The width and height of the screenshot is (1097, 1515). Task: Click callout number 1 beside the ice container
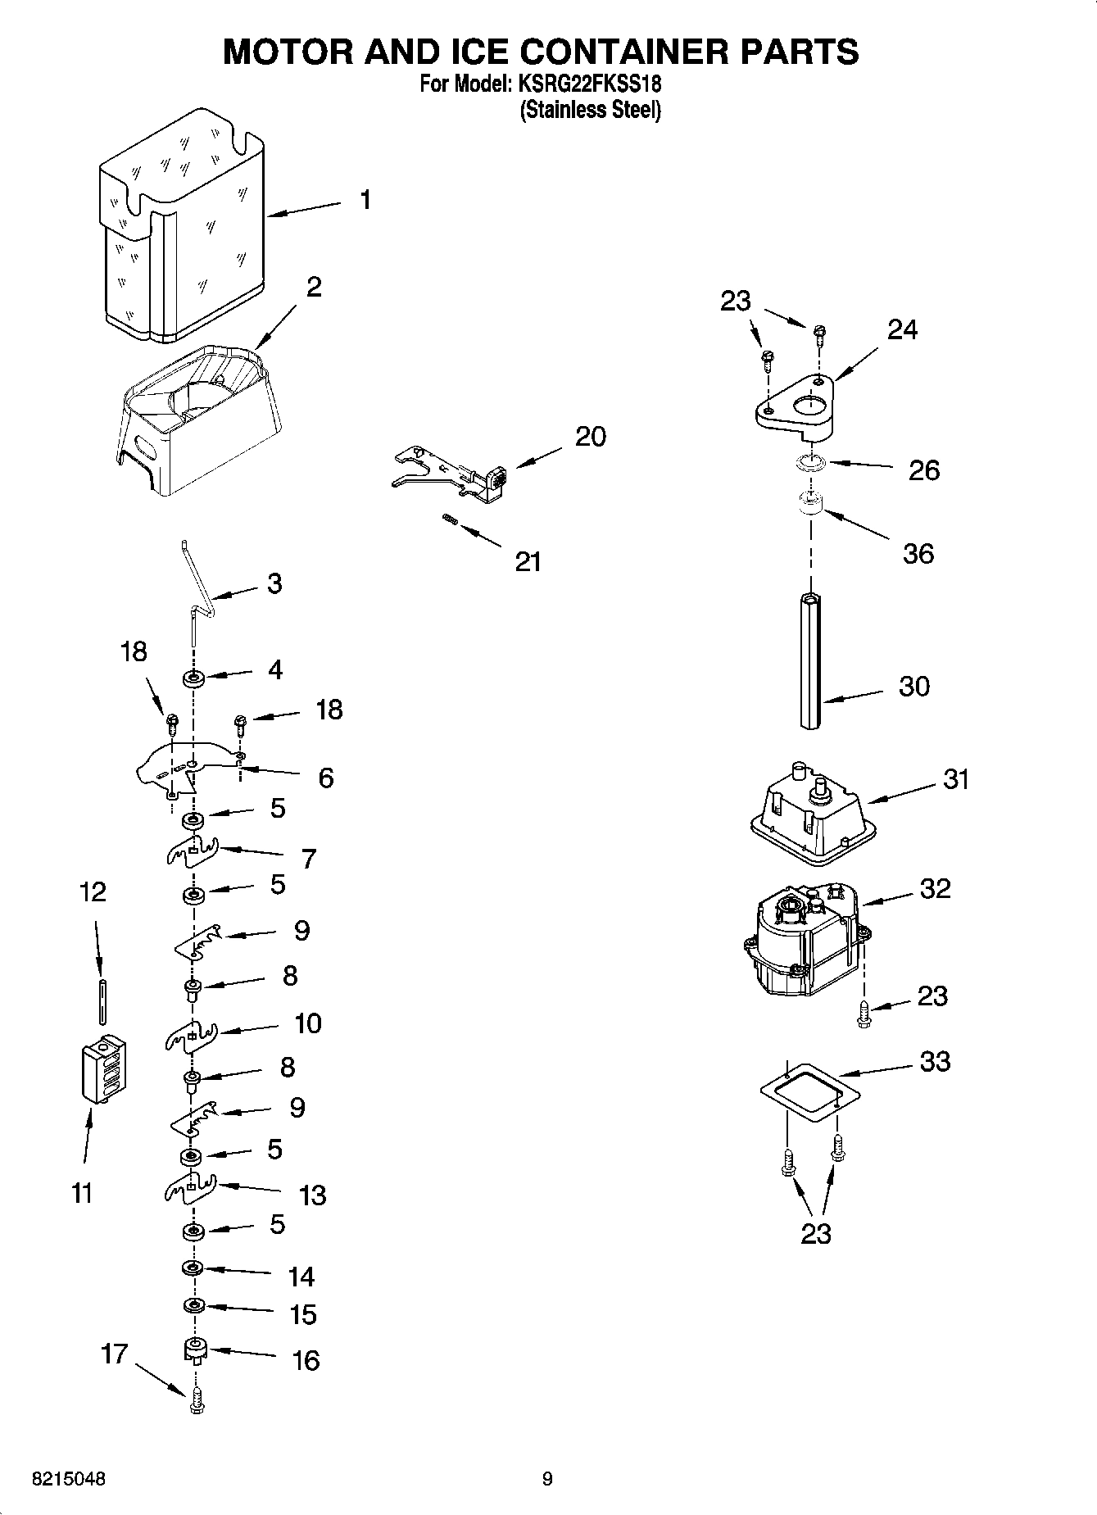click(x=365, y=200)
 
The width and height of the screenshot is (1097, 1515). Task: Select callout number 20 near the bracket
click(x=590, y=437)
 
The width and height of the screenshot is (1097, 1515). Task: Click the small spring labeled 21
click(x=449, y=519)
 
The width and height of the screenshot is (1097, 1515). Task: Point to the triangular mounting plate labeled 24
click(x=794, y=402)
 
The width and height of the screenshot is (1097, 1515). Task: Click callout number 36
click(x=918, y=554)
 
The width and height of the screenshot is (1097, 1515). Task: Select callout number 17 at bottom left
click(x=114, y=1353)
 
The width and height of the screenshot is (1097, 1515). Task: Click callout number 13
click(x=313, y=1195)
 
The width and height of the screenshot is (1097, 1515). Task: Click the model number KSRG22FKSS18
click(x=587, y=84)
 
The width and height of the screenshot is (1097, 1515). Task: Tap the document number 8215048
click(x=68, y=1479)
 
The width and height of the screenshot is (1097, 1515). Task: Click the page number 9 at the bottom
click(x=547, y=1479)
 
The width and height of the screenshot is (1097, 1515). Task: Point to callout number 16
click(x=306, y=1361)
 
